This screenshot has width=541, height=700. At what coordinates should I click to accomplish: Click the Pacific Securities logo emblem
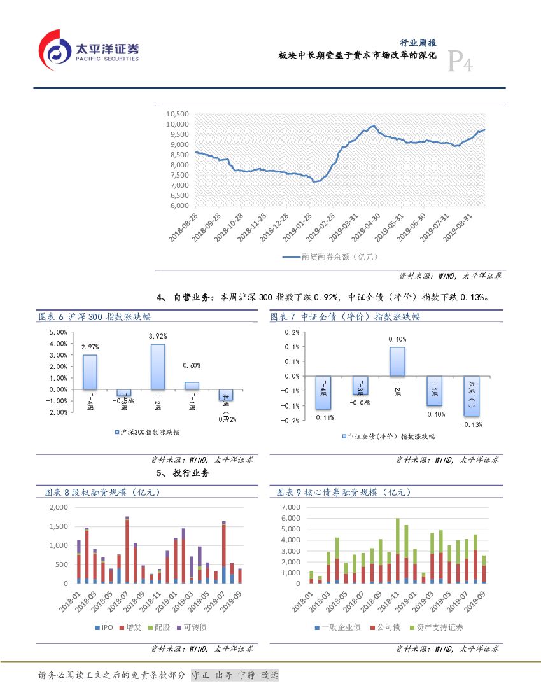coord(55,52)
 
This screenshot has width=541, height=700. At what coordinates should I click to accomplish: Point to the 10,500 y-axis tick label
coord(178,114)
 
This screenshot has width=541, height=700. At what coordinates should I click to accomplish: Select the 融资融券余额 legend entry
coord(330,257)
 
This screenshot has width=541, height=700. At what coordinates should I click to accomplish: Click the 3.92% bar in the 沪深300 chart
coord(157,367)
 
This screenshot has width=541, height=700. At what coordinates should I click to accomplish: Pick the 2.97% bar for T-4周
coord(90,372)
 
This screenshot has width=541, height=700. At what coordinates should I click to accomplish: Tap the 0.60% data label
coord(192,365)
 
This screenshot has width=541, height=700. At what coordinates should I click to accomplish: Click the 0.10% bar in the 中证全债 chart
coord(397,361)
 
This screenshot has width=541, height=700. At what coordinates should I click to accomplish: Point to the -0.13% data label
coord(472,424)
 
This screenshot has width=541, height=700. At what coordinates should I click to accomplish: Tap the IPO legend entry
coord(106,627)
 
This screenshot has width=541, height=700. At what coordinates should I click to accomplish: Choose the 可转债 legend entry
coord(192,627)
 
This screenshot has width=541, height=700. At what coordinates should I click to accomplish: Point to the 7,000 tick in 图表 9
coord(290,507)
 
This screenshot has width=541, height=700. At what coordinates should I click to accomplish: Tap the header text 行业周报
coord(418,43)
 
